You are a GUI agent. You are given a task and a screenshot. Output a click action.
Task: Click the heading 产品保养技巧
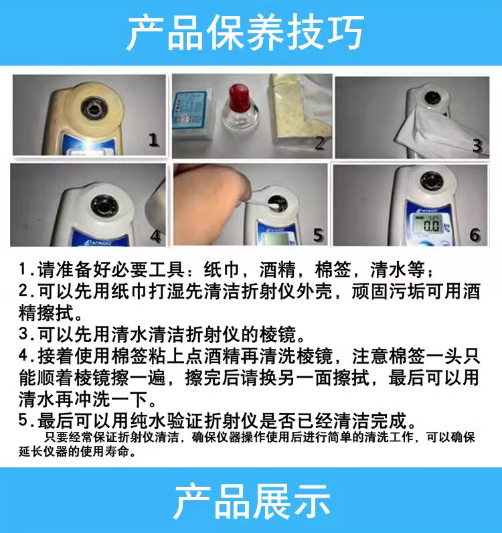[246, 33]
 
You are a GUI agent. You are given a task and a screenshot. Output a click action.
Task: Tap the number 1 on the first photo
[154, 140]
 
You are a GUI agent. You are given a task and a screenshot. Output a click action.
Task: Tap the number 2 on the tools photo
[319, 143]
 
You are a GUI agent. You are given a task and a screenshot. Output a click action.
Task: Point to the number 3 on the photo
[477, 145]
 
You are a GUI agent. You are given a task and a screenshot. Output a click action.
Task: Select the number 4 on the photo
[155, 236]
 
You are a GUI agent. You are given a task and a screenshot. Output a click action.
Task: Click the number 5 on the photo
[318, 234]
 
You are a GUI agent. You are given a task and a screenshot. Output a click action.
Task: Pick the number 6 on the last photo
[475, 235]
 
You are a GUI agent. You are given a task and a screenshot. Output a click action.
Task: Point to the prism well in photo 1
[94, 108]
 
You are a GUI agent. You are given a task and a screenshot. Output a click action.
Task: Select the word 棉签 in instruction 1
[333, 270]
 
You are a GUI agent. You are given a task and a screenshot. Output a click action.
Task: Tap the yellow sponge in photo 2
[299, 112]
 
